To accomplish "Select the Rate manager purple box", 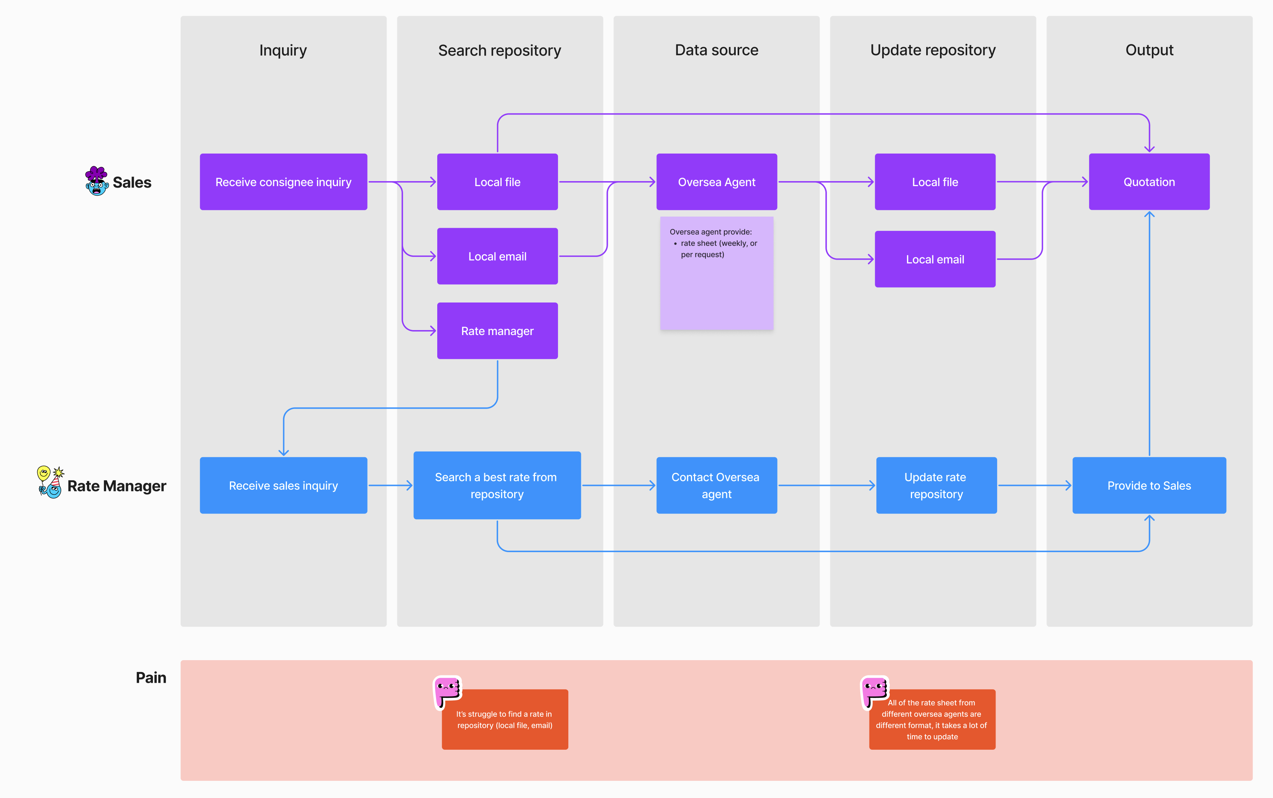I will point(497,331).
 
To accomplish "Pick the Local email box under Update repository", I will point(935,259).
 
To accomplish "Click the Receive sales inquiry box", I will point(283,485).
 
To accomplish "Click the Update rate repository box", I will point(936,485).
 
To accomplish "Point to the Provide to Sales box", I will point(1148,485).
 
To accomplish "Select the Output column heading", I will point(1148,50).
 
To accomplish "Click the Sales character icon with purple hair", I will point(97,181).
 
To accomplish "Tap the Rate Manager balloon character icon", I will point(50,482).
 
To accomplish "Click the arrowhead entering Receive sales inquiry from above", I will point(284,452).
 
